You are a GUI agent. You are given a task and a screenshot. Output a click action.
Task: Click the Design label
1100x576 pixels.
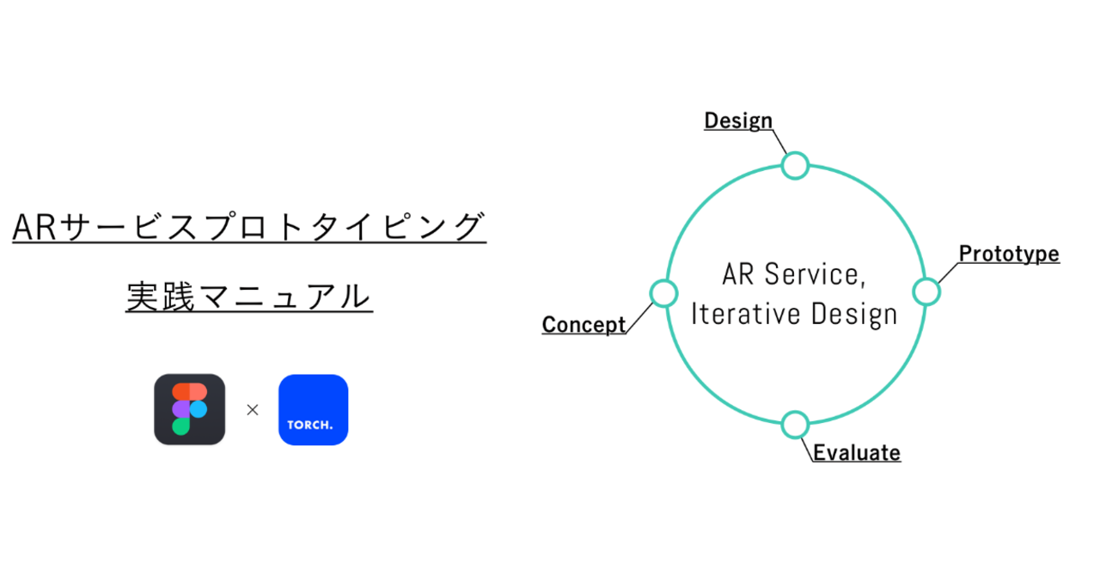[738, 121]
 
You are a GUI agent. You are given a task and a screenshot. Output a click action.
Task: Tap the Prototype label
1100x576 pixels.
[1009, 254]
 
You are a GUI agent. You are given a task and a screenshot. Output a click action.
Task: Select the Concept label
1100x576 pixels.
[584, 324]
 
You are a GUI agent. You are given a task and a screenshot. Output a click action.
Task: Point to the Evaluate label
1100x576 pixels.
[857, 453]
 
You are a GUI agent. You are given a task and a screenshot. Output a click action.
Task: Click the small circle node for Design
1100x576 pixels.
[795, 166]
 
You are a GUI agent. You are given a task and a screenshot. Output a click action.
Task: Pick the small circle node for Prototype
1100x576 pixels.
[926, 292]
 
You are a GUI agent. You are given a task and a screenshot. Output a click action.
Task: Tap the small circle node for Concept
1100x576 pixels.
[663, 293]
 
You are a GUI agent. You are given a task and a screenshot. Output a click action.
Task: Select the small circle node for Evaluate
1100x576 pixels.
[795, 425]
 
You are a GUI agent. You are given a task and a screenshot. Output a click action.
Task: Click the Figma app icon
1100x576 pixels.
[190, 409]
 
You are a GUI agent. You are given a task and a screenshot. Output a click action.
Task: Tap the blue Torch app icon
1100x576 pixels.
[314, 410]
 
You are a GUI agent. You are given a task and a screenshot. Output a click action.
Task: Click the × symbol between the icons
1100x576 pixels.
[253, 410]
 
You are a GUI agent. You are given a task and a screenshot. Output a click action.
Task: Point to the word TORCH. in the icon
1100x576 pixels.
[310, 425]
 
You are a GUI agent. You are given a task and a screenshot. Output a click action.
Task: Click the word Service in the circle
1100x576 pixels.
[815, 274]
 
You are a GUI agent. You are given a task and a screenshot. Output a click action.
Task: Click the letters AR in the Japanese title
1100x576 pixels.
[34, 227]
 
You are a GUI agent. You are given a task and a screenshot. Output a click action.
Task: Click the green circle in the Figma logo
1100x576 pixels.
[180, 426]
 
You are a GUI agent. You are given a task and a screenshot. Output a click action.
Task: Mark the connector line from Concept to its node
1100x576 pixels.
[639, 318]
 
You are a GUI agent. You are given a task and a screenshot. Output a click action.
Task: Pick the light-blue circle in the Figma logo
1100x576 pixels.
[199, 409]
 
